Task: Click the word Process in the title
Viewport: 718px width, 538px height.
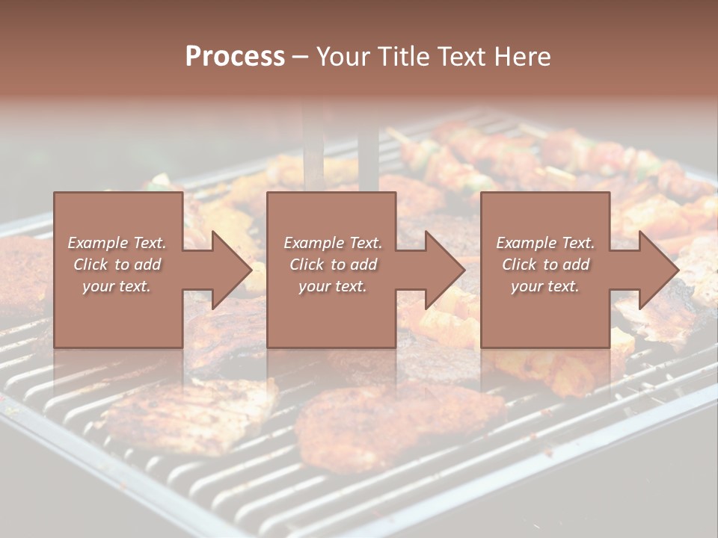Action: (235, 57)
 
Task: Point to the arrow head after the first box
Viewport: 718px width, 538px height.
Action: (228, 270)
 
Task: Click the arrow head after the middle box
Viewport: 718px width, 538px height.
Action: (442, 270)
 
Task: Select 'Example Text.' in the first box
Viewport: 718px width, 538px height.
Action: (117, 243)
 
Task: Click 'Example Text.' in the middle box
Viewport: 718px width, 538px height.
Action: (333, 243)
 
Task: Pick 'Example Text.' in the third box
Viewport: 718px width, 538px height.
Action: (545, 243)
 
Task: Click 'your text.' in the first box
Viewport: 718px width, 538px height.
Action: (117, 286)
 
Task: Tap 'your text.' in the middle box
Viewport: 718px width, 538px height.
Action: (333, 286)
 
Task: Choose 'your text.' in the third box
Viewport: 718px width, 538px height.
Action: (545, 286)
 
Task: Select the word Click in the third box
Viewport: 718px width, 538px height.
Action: (521, 265)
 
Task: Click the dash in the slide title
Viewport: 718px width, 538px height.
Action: (301, 57)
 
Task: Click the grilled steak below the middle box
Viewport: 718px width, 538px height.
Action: (396, 426)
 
